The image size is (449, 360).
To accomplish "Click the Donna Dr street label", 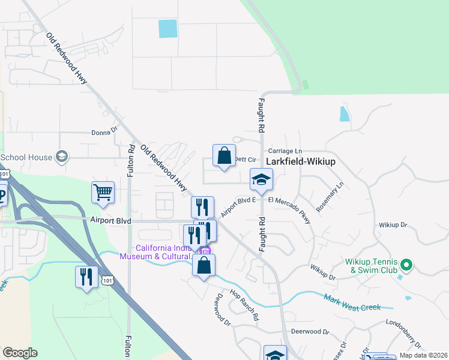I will tap(104, 133).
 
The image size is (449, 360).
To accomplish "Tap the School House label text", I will tap(26, 157).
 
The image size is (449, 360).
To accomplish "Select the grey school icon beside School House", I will tap(61, 157).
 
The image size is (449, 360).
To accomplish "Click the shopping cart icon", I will tap(103, 192).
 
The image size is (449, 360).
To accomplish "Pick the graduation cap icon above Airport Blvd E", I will tap(261, 179).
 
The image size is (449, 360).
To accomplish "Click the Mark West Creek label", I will tap(352, 303).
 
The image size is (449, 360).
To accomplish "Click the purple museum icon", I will tap(205, 251).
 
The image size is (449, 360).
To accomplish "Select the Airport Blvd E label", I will tap(238, 206).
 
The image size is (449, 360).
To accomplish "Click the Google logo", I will tap(20, 353).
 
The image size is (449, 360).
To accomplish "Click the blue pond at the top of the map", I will tap(168, 29).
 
